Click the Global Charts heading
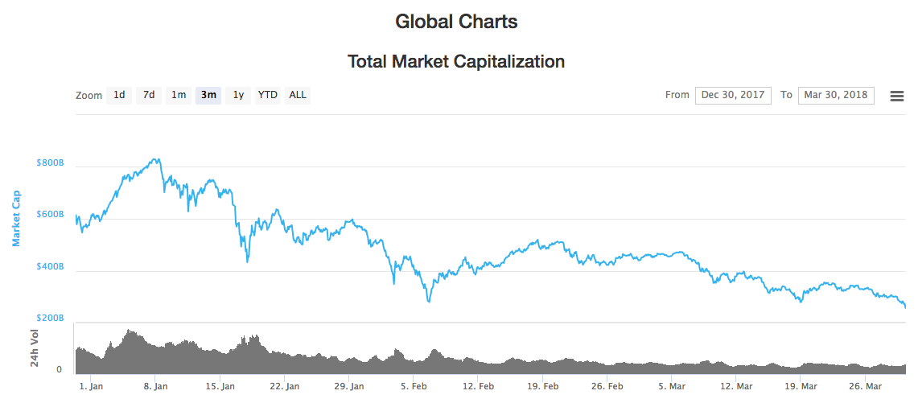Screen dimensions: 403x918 456,22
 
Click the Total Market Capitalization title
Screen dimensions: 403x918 456,61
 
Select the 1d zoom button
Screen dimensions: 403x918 119,95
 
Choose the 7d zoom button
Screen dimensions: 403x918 149,95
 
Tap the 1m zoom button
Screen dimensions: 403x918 179,95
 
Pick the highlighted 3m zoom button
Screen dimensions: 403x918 208,95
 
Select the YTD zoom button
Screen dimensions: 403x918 267,95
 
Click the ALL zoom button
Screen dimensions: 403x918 298,95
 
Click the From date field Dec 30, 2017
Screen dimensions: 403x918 733,95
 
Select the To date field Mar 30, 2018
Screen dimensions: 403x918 836,95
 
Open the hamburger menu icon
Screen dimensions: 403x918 897,96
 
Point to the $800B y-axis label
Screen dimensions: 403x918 49,163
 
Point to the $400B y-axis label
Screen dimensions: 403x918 49,267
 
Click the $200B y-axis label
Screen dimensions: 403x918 49,319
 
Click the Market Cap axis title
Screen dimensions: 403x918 16,218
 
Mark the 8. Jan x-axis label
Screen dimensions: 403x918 155,386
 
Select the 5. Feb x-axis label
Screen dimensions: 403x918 413,386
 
